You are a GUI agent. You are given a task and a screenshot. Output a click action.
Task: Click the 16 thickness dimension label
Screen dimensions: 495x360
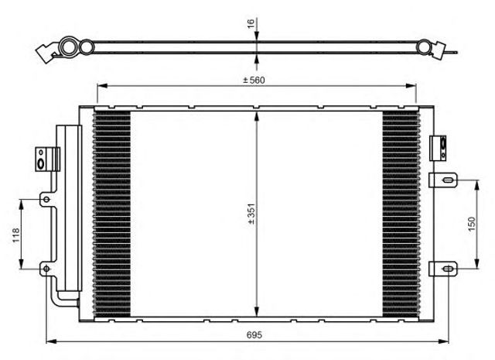tap(251, 23)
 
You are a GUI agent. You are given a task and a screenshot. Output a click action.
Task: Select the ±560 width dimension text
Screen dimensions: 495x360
tap(254, 81)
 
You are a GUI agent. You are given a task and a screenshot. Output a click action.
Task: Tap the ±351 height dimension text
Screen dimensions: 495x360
tap(251, 214)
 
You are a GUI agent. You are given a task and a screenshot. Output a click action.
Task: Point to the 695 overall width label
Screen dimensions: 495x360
tap(254, 334)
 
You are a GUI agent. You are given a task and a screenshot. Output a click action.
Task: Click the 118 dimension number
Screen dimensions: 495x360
tap(15, 235)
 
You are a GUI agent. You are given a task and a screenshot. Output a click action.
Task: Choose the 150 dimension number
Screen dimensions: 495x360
tap(472, 224)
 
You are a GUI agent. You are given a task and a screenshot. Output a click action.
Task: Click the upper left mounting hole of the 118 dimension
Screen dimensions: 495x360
tap(46, 200)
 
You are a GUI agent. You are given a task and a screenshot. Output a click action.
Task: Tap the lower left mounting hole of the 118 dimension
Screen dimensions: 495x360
tap(46, 269)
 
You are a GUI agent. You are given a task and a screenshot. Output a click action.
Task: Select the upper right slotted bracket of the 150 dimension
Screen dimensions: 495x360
tap(443, 180)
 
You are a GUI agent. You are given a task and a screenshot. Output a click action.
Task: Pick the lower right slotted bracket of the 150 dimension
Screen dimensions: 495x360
tap(443, 269)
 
